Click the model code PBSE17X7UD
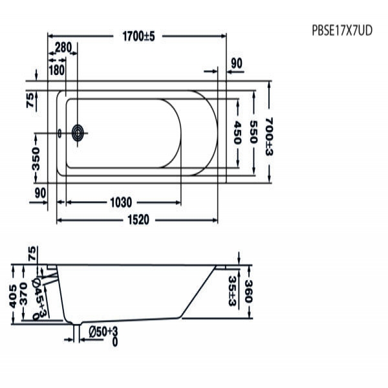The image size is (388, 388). click(x=342, y=31)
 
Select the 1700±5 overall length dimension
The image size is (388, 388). click(x=138, y=36)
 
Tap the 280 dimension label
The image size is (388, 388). click(x=63, y=47)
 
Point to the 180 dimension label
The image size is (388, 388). click(x=57, y=70)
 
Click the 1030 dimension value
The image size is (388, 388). click(x=121, y=202)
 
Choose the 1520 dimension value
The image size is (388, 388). click(x=138, y=220)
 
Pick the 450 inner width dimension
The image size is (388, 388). click(x=237, y=132)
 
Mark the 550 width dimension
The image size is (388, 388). click(x=253, y=132)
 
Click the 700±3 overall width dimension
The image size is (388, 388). click(x=269, y=136)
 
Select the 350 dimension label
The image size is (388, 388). click(x=36, y=159)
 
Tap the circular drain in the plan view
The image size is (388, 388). click(x=78, y=133)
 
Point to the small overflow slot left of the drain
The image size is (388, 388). click(x=59, y=134)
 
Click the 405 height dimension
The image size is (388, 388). click(x=13, y=296)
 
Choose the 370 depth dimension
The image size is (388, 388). click(x=23, y=294)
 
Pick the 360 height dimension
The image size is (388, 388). click(x=248, y=292)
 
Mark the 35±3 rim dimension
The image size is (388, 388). click(x=232, y=291)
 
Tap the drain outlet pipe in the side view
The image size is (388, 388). click(x=76, y=333)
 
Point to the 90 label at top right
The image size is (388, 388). click(x=237, y=63)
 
